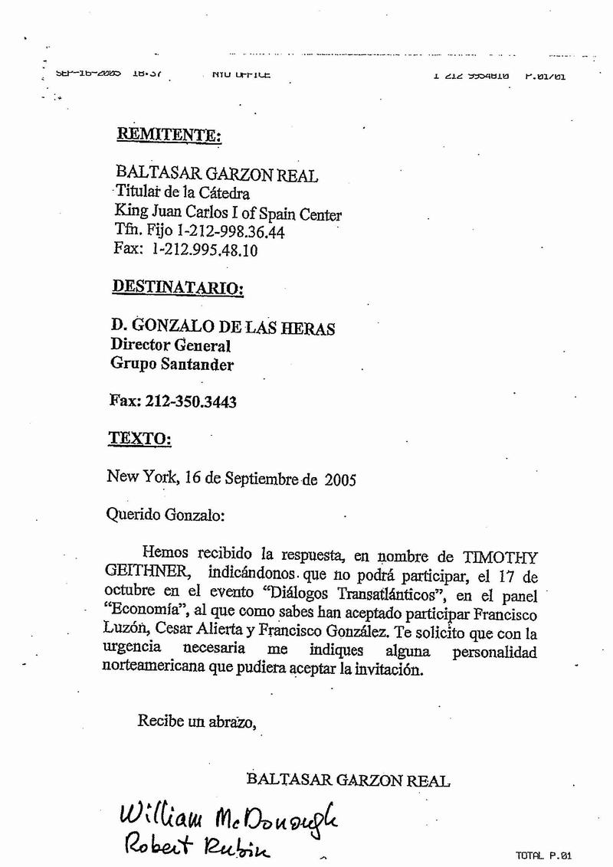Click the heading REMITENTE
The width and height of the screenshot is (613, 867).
coord(169,136)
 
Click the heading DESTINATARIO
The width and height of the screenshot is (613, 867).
coord(178,289)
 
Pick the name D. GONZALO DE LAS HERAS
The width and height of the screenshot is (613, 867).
coord(223,328)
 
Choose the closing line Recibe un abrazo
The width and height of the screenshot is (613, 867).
coord(195,720)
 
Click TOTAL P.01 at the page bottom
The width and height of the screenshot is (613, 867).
coord(545,856)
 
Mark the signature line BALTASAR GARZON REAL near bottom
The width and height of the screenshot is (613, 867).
coord(349,780)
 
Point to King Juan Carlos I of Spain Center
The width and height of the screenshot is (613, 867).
coord(228,214)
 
